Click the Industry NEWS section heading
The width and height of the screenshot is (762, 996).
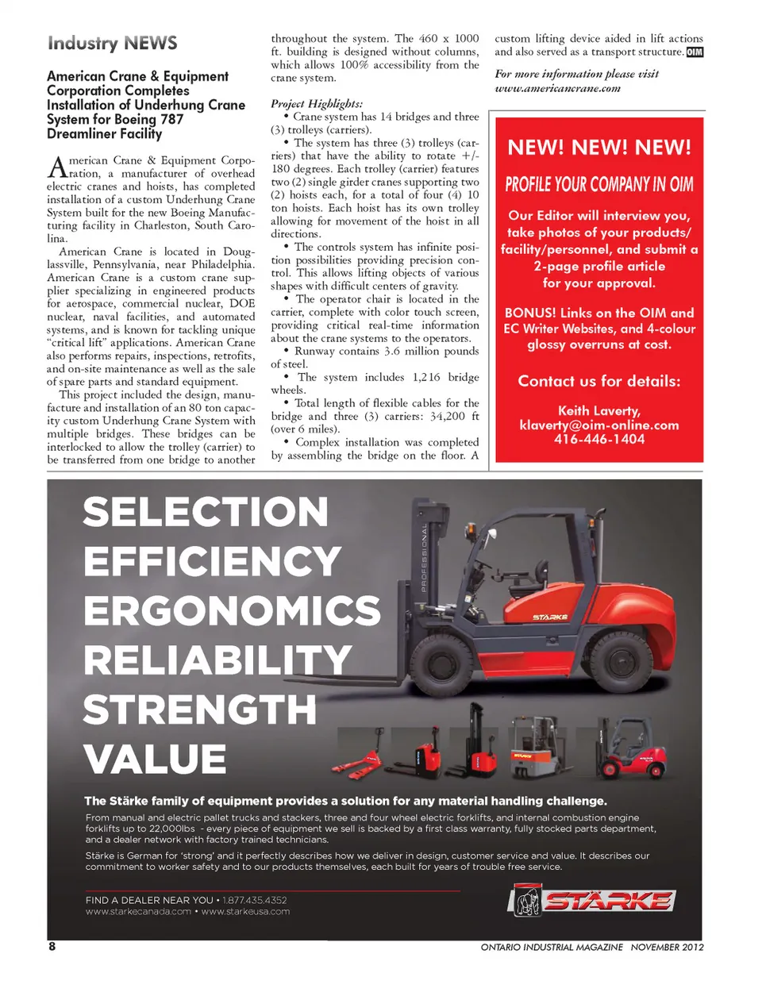coord(112,43)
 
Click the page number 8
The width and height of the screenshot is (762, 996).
coord(52,946)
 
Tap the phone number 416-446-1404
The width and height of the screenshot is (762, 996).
coord(599,439)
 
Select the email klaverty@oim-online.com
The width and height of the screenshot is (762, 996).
coord(599,425)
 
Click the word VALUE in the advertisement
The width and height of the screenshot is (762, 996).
coord(155,759)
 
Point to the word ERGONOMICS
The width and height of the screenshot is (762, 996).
coord(232,610)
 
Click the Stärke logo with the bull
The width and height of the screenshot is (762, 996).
coord(591,900)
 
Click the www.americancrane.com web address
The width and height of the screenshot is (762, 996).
coord(557,88)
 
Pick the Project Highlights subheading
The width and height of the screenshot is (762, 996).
coord(317,103)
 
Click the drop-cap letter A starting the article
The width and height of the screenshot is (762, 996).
coord(56,167)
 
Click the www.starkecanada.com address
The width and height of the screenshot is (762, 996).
coord(138,911)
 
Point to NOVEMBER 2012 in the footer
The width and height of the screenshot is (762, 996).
coord(667,947)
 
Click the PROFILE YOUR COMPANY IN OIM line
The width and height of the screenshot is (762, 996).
coord(599,185)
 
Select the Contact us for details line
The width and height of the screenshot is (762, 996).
coord(599,381)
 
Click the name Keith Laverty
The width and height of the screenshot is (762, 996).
coord(599,410)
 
